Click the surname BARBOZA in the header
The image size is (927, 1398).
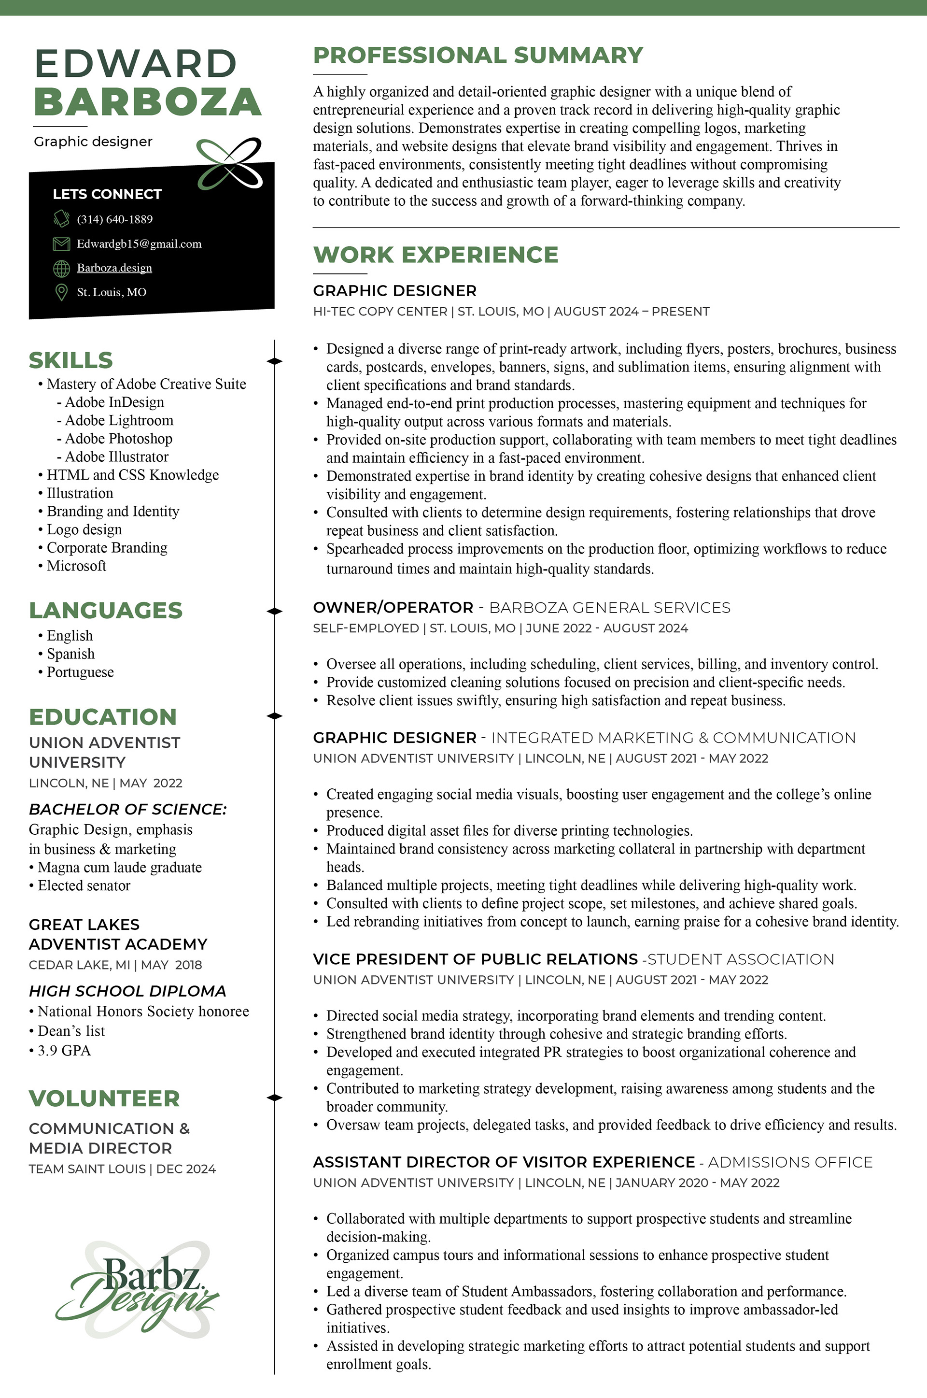tap(148, 102)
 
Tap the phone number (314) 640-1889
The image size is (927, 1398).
tap(115, 219)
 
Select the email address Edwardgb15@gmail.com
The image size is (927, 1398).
tap(139, 243)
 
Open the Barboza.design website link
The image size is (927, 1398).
tap(114, 268)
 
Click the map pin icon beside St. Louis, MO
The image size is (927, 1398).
tap(61, 292)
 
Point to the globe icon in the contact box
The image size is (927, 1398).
tap(61, 269)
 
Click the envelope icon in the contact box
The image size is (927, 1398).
tap(61, 243)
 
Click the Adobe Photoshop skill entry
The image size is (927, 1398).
tap(118, 439)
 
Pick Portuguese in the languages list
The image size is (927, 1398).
tap(80, 672)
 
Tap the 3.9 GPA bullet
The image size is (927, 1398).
tap(64, 1050)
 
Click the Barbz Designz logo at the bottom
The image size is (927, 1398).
tap(137, 1289)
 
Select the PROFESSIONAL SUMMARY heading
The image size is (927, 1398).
tap(478, 56)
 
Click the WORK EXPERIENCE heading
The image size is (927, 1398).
tap(435, 255)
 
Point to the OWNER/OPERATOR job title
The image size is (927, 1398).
tap(393, 608)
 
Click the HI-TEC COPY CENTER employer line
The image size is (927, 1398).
tap(511, 312)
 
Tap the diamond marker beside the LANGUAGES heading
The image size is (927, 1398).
tap(274, 612)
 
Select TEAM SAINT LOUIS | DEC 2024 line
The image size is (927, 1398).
tap(122, 1169)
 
